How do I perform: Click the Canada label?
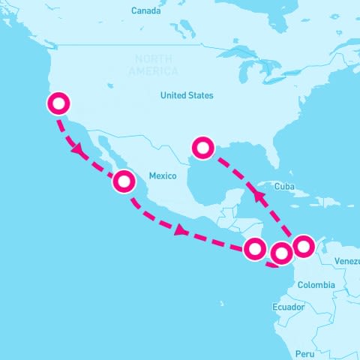145,10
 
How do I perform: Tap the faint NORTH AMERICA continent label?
153,65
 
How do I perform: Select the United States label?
187,95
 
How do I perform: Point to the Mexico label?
162,175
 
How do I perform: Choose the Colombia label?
316,285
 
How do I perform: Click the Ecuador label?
288,307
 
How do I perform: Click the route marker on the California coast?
58,103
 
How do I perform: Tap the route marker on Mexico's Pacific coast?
124,181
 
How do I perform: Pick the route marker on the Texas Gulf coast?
203,146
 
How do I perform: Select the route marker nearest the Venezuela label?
303,245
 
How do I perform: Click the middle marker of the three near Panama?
281,254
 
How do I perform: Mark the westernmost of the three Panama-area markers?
255,247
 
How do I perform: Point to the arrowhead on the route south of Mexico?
179,231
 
